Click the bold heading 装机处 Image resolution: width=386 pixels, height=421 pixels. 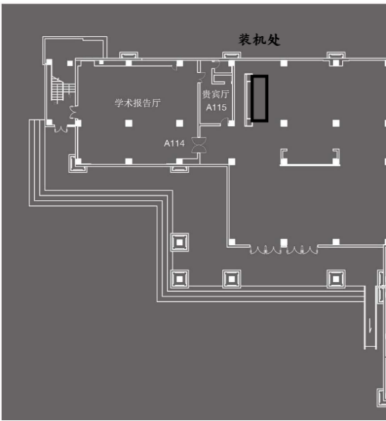259,40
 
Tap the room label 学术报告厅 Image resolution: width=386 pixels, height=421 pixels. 137,103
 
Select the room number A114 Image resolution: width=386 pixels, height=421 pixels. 174,143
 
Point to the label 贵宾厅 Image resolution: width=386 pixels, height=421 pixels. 216,94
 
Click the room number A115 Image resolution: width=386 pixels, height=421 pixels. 216,107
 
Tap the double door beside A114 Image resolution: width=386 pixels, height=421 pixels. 199,145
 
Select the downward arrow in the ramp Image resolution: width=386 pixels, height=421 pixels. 371,326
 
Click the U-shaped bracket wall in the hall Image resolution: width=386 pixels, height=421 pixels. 310,164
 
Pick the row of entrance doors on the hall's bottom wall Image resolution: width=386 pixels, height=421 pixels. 284,250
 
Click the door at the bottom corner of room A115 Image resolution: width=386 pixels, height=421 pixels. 224,122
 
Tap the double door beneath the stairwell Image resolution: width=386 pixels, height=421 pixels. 61,129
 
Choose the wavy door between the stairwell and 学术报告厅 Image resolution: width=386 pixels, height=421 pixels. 73,113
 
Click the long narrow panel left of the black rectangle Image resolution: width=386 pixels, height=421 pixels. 247,100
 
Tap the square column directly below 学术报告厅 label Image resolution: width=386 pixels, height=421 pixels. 129,123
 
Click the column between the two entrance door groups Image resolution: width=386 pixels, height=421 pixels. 284,242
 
